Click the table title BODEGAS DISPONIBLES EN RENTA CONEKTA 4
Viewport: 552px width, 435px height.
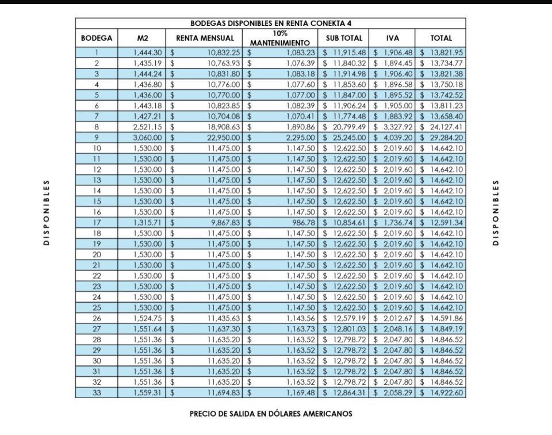(x=270, y=24)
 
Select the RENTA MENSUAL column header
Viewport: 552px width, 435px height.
(x=205, y=38)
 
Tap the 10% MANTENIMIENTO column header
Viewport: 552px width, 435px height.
(x=280, y=38)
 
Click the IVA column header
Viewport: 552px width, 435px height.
(x=393, y=38)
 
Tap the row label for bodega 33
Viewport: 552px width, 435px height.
(x=97, y=392)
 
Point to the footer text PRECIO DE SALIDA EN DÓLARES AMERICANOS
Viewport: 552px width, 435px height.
(x=271, y=413)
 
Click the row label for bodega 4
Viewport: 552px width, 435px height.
(x=97, y=84)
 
